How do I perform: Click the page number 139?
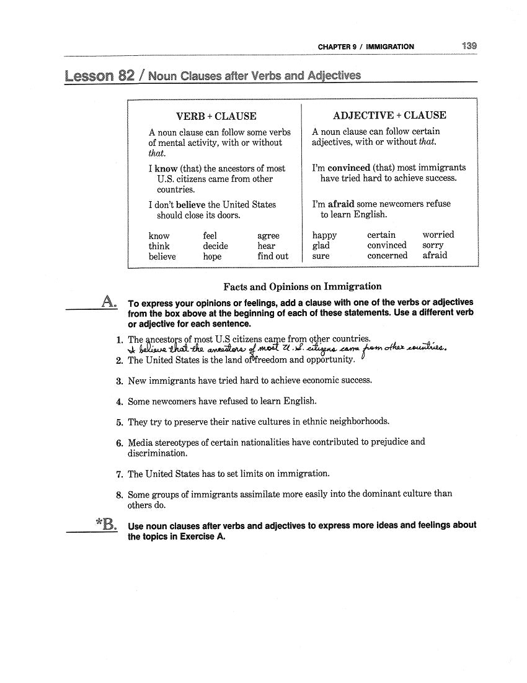469,46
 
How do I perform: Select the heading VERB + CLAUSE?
216,116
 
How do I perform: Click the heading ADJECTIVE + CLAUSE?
389,115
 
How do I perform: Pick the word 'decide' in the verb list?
215,246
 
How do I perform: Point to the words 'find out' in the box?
273,256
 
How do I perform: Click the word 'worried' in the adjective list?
438,235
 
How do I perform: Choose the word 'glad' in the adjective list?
321,245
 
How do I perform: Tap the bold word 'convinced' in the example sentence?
348,168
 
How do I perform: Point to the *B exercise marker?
106,525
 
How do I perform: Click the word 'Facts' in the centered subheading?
236,286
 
